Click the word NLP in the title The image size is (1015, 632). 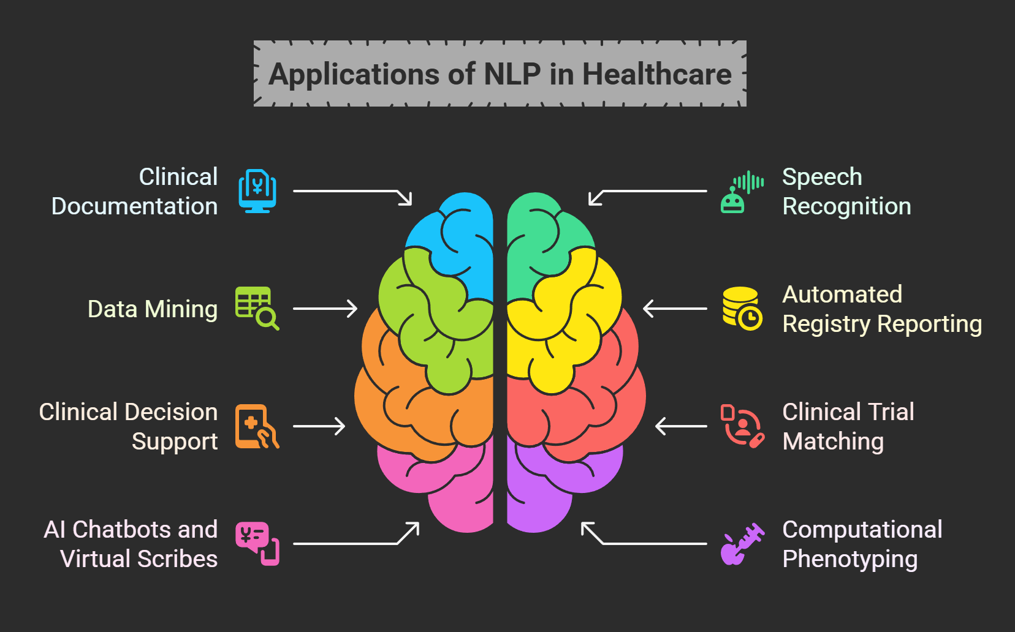[512, 74]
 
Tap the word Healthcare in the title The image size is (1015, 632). [656, 74]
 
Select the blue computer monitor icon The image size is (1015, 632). [257, 191]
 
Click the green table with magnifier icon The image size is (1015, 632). [257, 308]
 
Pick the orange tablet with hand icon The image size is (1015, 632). [257, 426]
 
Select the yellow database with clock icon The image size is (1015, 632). [742, 309]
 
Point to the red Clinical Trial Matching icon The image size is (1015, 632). [742, 426]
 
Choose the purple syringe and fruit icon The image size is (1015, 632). [742, 544]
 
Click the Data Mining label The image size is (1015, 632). [153, 309]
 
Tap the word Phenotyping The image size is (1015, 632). [850, 559]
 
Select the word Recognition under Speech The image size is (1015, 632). [846, 206]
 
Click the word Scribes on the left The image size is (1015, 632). [180, 559]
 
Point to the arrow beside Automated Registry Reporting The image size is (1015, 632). [674, 309]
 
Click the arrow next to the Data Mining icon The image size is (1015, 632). [325, 309]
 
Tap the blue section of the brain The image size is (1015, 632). [466, 245]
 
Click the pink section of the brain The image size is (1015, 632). [454, 490]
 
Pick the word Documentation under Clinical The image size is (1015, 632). [134, 206]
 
